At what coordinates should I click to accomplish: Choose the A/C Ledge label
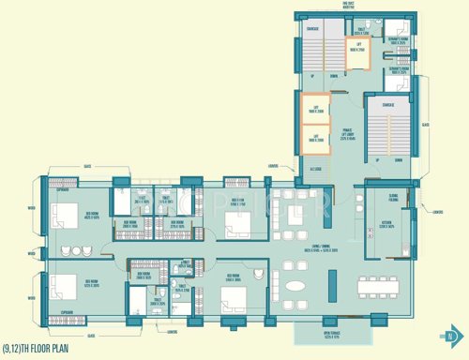[x=314, y=171]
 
